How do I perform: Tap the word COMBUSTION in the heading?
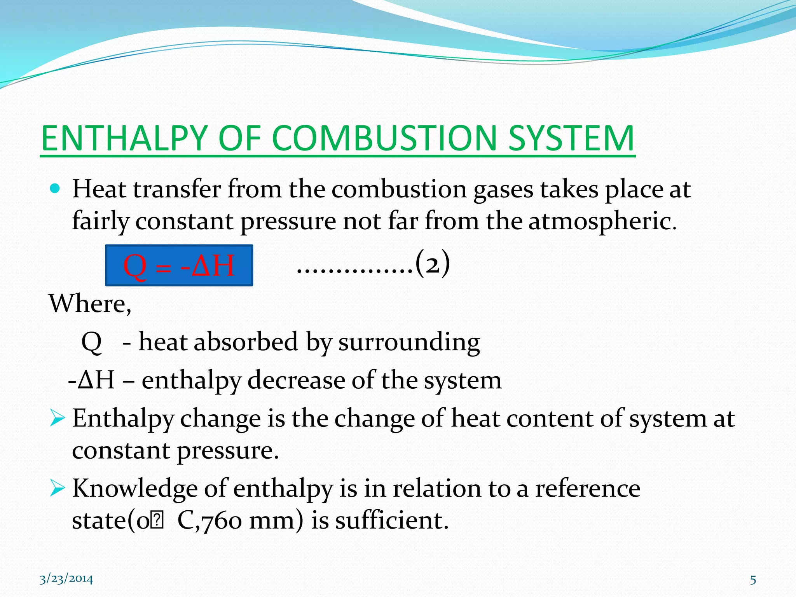[384, 139]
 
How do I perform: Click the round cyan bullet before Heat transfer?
[55, 189]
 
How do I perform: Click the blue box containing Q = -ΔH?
[179, 265]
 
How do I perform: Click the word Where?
[90, 304]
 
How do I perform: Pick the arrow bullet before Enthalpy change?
[57, 419]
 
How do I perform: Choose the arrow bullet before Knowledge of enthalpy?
[57, 489]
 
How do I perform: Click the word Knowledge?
[134, 489]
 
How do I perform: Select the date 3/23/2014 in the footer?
[66, 579]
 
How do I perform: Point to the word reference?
[588, 489]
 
